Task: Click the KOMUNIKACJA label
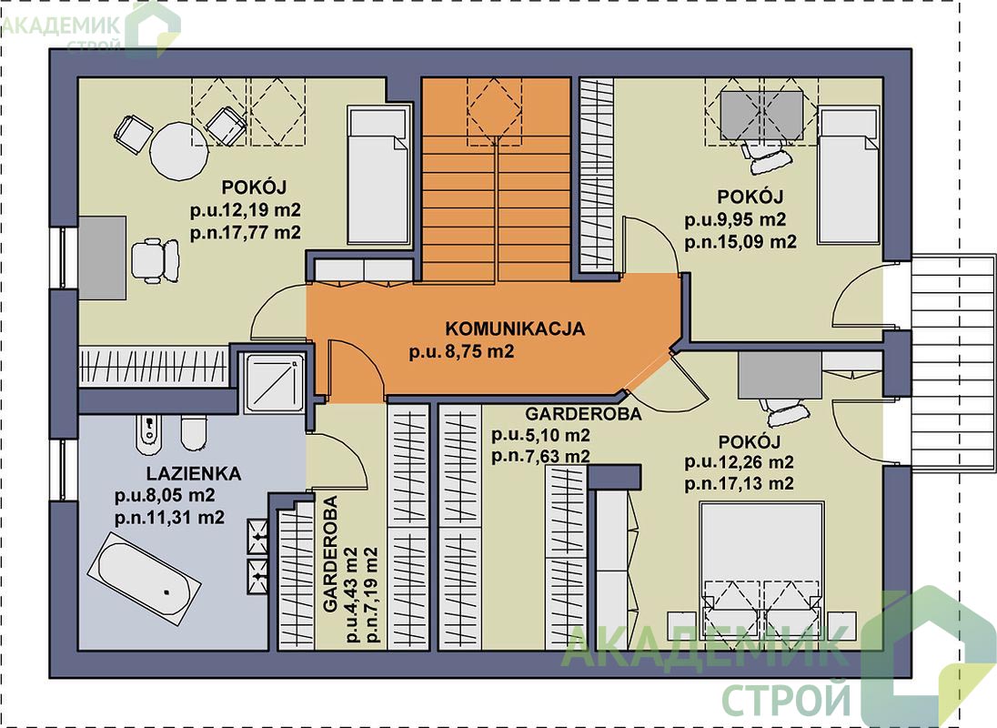[x=514, y=329]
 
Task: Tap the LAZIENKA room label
[x=193, y=474]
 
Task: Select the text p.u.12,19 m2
[x=246, y=210]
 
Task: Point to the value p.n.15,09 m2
[x=740, y=242]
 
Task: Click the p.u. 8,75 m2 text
[x=461, y=351]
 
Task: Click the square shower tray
[x=275, y=383]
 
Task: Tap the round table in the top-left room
[x=178, y=151]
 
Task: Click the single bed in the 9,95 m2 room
[x=849, y=177]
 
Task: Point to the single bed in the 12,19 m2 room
[x=378, y=175]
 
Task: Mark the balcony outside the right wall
[x=952, y=363]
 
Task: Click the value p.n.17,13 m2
[x=739, y=484]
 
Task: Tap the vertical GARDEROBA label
[x=330, y=554]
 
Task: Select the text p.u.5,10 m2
[x=540, y=436]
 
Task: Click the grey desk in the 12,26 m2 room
[x=779, y=375]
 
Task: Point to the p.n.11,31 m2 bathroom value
[x=169, y=518]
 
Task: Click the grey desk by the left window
[x=102, y=258]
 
